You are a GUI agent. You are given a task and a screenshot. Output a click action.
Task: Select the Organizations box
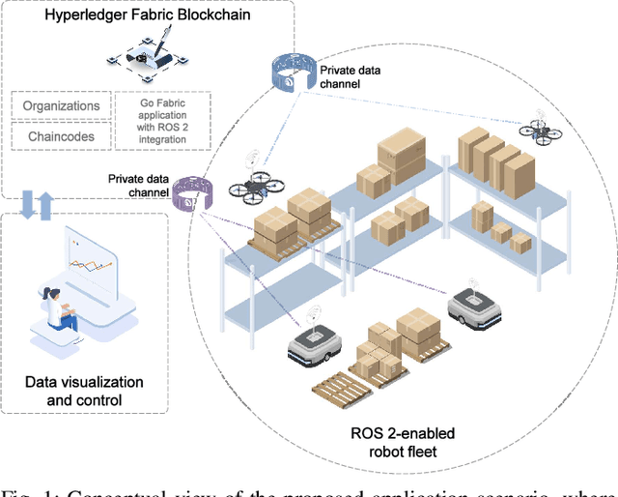(61, 106)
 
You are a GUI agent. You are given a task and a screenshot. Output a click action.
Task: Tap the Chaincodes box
(61, 137)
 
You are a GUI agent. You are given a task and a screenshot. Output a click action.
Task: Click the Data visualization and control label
(83, 392)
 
